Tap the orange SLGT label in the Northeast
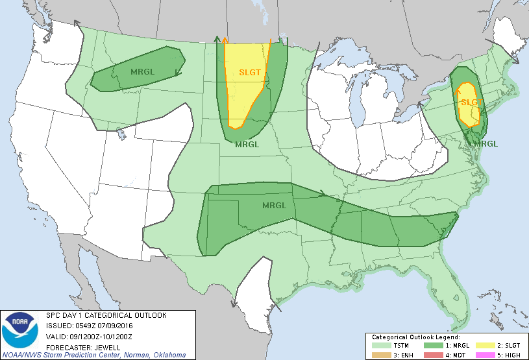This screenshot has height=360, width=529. (x=470, y=102)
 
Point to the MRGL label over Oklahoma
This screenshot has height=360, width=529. (x=273, y=206)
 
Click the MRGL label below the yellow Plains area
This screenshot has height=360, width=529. (x=247, y=144)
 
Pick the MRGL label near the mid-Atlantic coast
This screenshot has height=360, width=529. (x=486, y=143)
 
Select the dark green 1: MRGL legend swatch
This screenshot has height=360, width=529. (x=432, y=346)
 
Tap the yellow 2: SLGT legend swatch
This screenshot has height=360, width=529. (x=482, y=346)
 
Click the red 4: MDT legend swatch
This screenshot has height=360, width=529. (x=432, y=354)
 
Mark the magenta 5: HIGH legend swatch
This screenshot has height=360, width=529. (x=482, y=354)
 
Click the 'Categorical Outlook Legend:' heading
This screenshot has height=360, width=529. (x=415, y=337)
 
